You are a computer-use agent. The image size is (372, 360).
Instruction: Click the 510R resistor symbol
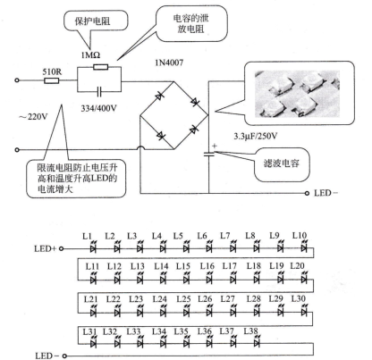click(x=52, y=80)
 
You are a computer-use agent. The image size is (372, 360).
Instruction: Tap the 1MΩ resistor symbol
click(x=101, y=67)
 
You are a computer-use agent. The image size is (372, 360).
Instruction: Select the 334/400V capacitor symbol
click(x=99, y=91)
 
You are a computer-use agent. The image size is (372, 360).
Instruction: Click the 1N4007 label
click(x=169, y=63)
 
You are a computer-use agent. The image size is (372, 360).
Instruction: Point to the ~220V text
click(x=33, y=116)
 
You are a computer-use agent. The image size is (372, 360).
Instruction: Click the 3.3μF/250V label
click(x=256, y=137)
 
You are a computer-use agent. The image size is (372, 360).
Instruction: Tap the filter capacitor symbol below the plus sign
click(x=208, y=154)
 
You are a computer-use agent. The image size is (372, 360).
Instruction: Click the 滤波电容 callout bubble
click(x=281, y=164)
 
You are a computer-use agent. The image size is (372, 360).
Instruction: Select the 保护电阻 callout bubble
click(x=96, y=21)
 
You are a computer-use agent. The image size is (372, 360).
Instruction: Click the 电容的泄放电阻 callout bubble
click(x=191, y=23)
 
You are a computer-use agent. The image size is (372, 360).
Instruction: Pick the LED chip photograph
click(x=297, y=94)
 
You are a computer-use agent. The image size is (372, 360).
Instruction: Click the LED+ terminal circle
click(x=61, y=248)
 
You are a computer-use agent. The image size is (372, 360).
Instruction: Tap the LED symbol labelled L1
click(x=93, y=247)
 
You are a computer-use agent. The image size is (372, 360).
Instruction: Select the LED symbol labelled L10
click(x=304, y=247)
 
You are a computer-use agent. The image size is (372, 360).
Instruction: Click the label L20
click(x=298, y=265)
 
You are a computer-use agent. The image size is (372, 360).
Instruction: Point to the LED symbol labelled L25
click(x=186, y=312)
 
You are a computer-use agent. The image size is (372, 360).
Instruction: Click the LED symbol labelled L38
click(x=257, y=342)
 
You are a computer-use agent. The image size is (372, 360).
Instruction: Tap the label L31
click(x=89, y=331)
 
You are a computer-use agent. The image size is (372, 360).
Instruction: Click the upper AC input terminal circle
click(x=17, y=80)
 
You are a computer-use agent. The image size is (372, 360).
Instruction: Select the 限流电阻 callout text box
click(x=76, y=179)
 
